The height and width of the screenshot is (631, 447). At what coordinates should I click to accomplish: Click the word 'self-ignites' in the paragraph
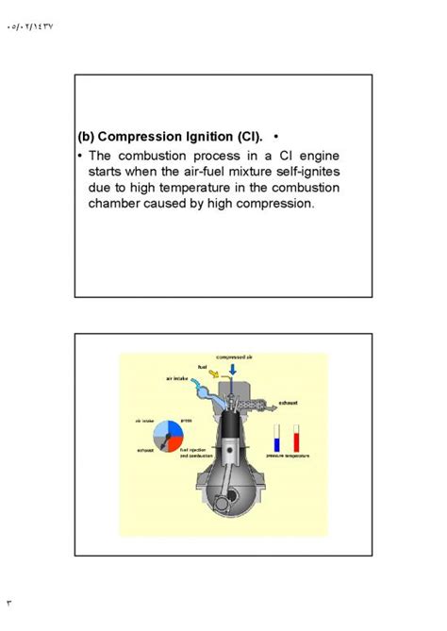[301, 171]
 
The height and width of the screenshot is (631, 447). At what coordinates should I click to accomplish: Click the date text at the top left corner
[30, 27]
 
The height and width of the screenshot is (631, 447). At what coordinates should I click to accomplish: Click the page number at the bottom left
[9, 601]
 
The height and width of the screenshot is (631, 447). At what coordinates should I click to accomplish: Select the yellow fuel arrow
[213, 375]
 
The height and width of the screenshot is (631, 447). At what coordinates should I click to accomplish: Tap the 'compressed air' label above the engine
[234, 358]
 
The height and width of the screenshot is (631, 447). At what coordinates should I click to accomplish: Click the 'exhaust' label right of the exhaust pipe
[289, 402]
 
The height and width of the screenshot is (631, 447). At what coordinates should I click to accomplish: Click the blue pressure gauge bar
[276, 438]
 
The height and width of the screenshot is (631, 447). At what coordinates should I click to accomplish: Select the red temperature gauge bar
[296, 438]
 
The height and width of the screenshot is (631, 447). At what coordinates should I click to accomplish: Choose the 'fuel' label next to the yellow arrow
[202, 366]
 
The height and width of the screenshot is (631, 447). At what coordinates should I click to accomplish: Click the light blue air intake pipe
[200, 391]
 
